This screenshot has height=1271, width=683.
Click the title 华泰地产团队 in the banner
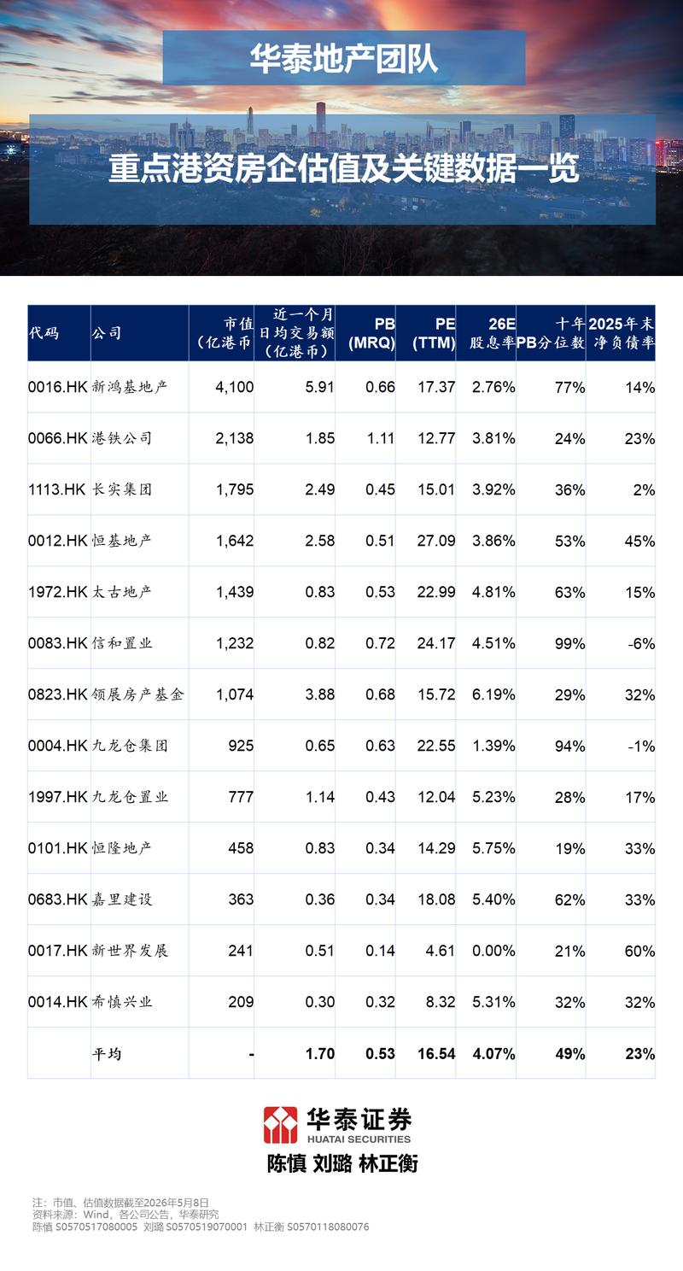click(x=344, y=58)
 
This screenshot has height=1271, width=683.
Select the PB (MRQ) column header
click(x=371, y=333)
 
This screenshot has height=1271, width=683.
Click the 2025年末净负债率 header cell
click(x=622, y=333)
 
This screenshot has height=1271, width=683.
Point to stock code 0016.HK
click(x=58, y=388)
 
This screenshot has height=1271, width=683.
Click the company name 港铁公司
click(x=122, y=438)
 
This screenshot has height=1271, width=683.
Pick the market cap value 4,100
click(x=235, y=388)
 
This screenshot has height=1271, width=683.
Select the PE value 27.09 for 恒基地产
click(x=436, y=541)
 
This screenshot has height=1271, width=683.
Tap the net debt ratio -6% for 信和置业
click(x=641, y=643)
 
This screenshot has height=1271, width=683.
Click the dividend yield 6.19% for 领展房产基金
click(x=493, y=694)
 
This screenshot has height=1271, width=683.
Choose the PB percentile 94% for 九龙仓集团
click(x=569, y=747)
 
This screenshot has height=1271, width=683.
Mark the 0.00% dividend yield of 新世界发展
click(x=493, y=951)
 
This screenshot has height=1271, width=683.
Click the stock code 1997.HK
click(x=58, y=797)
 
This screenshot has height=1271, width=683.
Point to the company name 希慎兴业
click(x=122, y=1002)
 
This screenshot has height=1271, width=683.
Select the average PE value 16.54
click(x=436, y=1054)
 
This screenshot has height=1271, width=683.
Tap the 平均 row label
click(x=107, y=1054)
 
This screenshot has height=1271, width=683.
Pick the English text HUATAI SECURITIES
click(x=359, y=1139)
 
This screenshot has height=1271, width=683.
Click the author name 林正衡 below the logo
click(x=388, y=1163)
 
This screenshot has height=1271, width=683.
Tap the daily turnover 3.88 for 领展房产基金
click(x=320, y=694)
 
